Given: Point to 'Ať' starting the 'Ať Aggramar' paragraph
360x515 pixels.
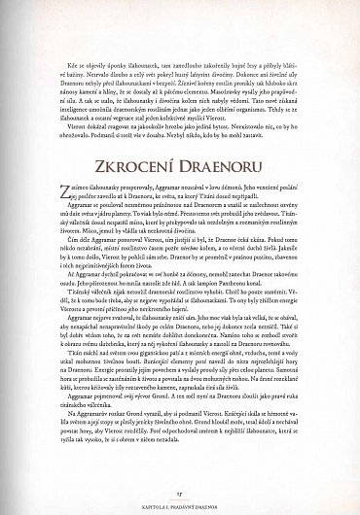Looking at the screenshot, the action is coord(65,275).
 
